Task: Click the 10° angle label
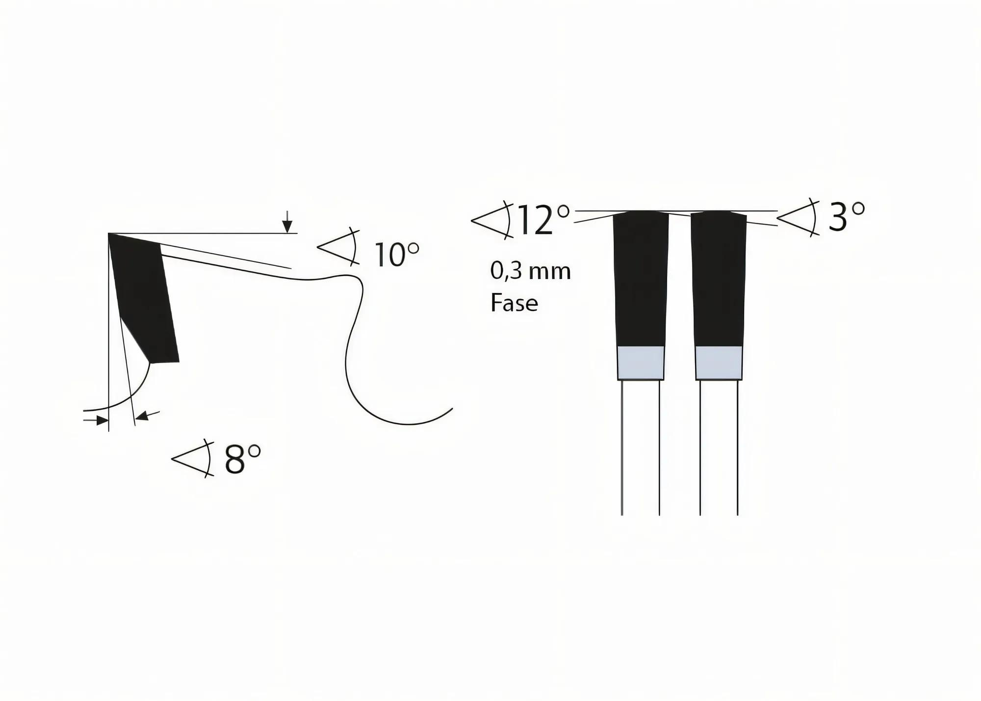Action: point(396,255)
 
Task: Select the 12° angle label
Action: point(542,220)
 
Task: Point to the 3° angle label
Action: point(846,217)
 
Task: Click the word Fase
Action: point(514,303)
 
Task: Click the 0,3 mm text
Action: point(531,271)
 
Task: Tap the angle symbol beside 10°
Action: point(339,246)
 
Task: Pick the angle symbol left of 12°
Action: point(492,220)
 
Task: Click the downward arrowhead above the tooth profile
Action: point(287,226)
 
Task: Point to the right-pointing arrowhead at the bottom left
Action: point(102,420)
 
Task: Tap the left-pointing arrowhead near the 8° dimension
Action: point(142,416)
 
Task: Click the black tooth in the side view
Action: point(145,299)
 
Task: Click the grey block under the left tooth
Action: point(641,363)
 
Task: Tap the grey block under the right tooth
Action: point(719,363)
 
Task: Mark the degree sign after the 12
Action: point(564,211)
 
